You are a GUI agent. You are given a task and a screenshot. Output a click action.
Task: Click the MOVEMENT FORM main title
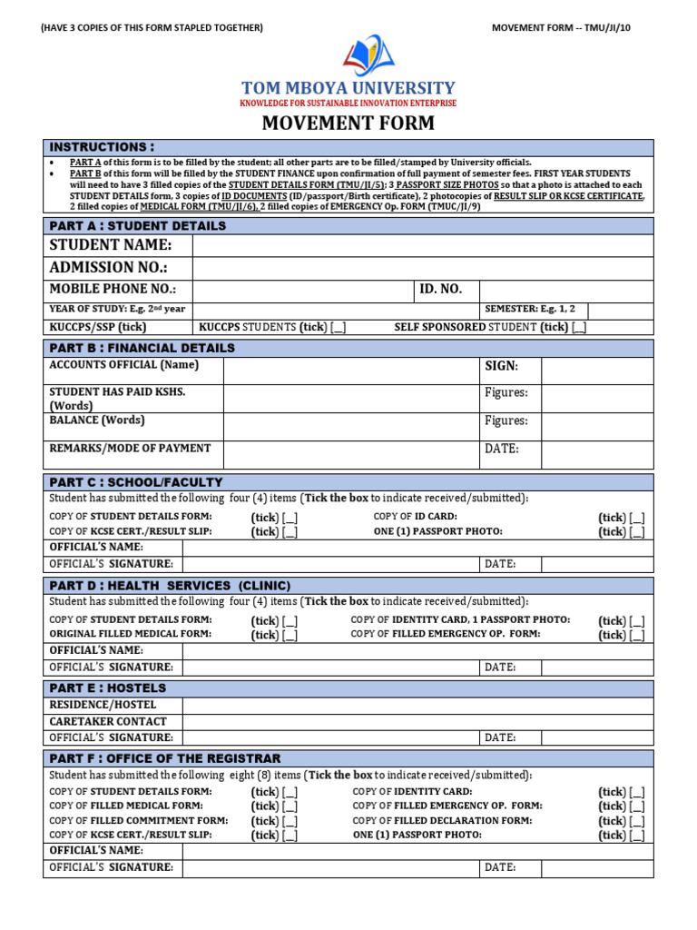click(x=348, y=123)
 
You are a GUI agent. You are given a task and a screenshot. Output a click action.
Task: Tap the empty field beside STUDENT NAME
click(x=422, y=246)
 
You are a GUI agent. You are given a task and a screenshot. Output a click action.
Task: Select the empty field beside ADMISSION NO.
click(x=422, y=269)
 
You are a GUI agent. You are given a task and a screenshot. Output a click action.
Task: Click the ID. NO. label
click(x=440, y=290)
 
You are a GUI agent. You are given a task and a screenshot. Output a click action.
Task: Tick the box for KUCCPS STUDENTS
click(x=339, y=328)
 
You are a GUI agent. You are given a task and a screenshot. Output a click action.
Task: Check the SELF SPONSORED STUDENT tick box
click(x=579, y=328)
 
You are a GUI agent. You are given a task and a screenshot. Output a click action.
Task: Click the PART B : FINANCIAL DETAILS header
click(x=142, y=348)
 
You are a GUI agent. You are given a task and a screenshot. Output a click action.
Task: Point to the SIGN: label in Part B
click(x=501, y=366)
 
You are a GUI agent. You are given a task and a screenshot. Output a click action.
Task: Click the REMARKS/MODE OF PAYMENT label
click(x=130, y=449)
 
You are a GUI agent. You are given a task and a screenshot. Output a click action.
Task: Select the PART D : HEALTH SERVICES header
click(x=170, y=586)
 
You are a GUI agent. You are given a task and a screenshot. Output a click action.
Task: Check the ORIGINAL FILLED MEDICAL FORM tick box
click(x=290, y=636)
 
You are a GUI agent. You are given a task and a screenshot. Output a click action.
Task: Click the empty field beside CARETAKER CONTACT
click(x=417, y=721)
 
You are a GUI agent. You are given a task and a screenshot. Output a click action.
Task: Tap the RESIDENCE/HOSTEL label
click(x=103, y=705)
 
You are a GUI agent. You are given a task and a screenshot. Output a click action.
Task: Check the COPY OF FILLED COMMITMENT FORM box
click(x=290, y=821)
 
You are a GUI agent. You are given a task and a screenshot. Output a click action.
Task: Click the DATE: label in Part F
click(x=500, y=868)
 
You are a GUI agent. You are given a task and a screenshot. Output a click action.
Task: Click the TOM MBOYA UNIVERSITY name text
click(x=348, y=88)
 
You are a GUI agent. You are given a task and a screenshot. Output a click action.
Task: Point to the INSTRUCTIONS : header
click(x=102, y=147)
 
